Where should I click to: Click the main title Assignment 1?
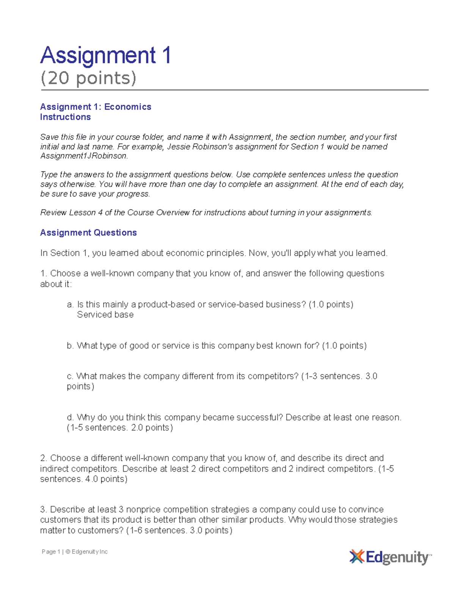105,55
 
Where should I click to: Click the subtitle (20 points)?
88,78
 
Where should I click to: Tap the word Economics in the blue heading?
128,107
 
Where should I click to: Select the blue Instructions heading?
65,117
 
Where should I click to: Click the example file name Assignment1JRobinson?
84,156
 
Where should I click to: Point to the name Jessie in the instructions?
179,147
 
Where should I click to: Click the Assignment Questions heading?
88,233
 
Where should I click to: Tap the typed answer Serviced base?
105,315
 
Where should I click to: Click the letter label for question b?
70,346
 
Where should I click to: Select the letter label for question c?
69,377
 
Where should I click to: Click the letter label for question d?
70,418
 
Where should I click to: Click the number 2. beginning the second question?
44,458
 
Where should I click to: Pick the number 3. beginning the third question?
44,509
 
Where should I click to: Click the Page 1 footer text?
51,552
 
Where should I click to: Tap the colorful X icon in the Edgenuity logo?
356,557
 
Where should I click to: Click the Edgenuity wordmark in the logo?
397,558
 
